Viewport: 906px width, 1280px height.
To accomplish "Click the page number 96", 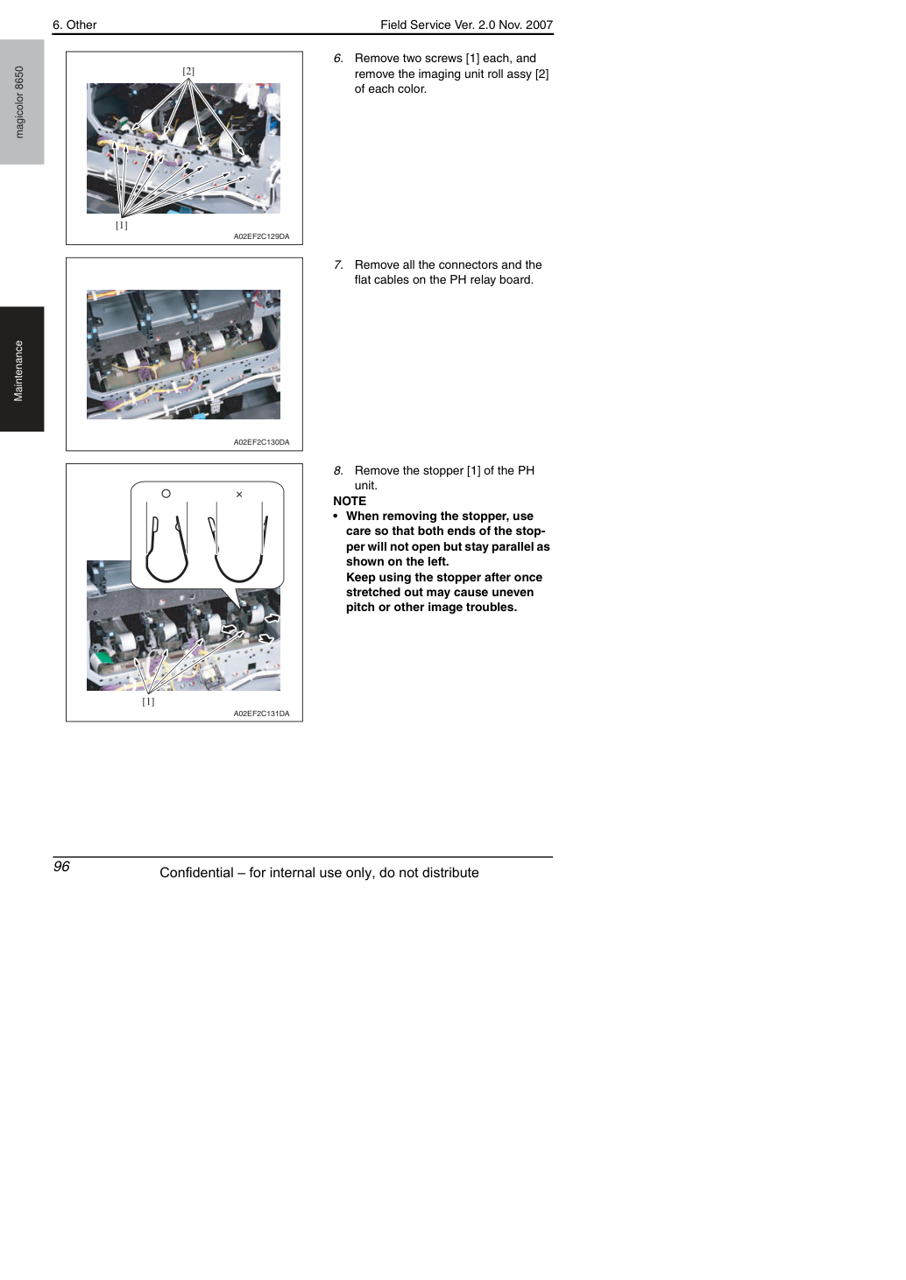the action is (61, 866).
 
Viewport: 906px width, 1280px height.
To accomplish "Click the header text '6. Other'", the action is (74, 25).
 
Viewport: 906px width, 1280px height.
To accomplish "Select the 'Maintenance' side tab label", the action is (18, 371).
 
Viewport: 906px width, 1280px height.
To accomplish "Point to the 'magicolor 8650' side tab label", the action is (19, 102).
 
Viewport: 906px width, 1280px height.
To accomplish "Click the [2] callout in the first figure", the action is (188, 71).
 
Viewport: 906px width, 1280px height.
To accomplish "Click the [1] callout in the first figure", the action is (121, 225).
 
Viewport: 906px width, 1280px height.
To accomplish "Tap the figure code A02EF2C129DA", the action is (261, 236).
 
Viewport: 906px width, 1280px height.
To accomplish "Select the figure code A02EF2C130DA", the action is (261, 442).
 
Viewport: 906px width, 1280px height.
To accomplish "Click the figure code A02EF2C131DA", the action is (261, 714).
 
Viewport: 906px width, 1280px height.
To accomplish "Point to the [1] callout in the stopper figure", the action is (148, 701).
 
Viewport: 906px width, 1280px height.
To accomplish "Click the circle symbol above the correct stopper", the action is (166, 494).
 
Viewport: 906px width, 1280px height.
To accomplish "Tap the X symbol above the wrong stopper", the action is (239, 495).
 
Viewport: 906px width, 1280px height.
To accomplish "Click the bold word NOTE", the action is (350, 501).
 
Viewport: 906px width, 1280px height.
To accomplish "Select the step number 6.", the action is (338, 59).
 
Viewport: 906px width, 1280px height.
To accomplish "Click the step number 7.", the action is (338, 264).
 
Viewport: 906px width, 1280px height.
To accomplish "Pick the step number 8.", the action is (338, 470).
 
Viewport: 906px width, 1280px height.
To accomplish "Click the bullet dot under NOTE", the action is (336, 516).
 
